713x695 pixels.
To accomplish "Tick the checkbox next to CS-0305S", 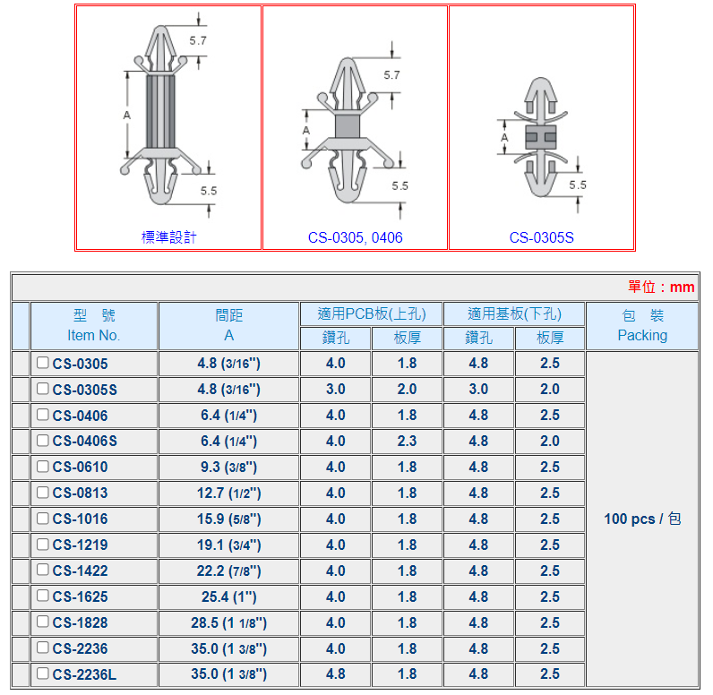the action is coord(43,389).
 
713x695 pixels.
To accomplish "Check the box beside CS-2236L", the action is coord(43,674).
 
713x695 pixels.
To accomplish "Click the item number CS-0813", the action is coord(80,493).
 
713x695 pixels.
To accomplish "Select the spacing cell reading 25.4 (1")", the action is coord(228,596).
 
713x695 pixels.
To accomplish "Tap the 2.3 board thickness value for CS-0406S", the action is coord(407,441).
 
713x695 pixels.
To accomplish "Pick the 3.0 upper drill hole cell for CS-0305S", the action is coord(336,389).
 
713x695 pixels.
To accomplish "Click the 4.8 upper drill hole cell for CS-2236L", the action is coord(336,674).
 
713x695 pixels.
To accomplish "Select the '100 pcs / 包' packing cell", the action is coord(642,519).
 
